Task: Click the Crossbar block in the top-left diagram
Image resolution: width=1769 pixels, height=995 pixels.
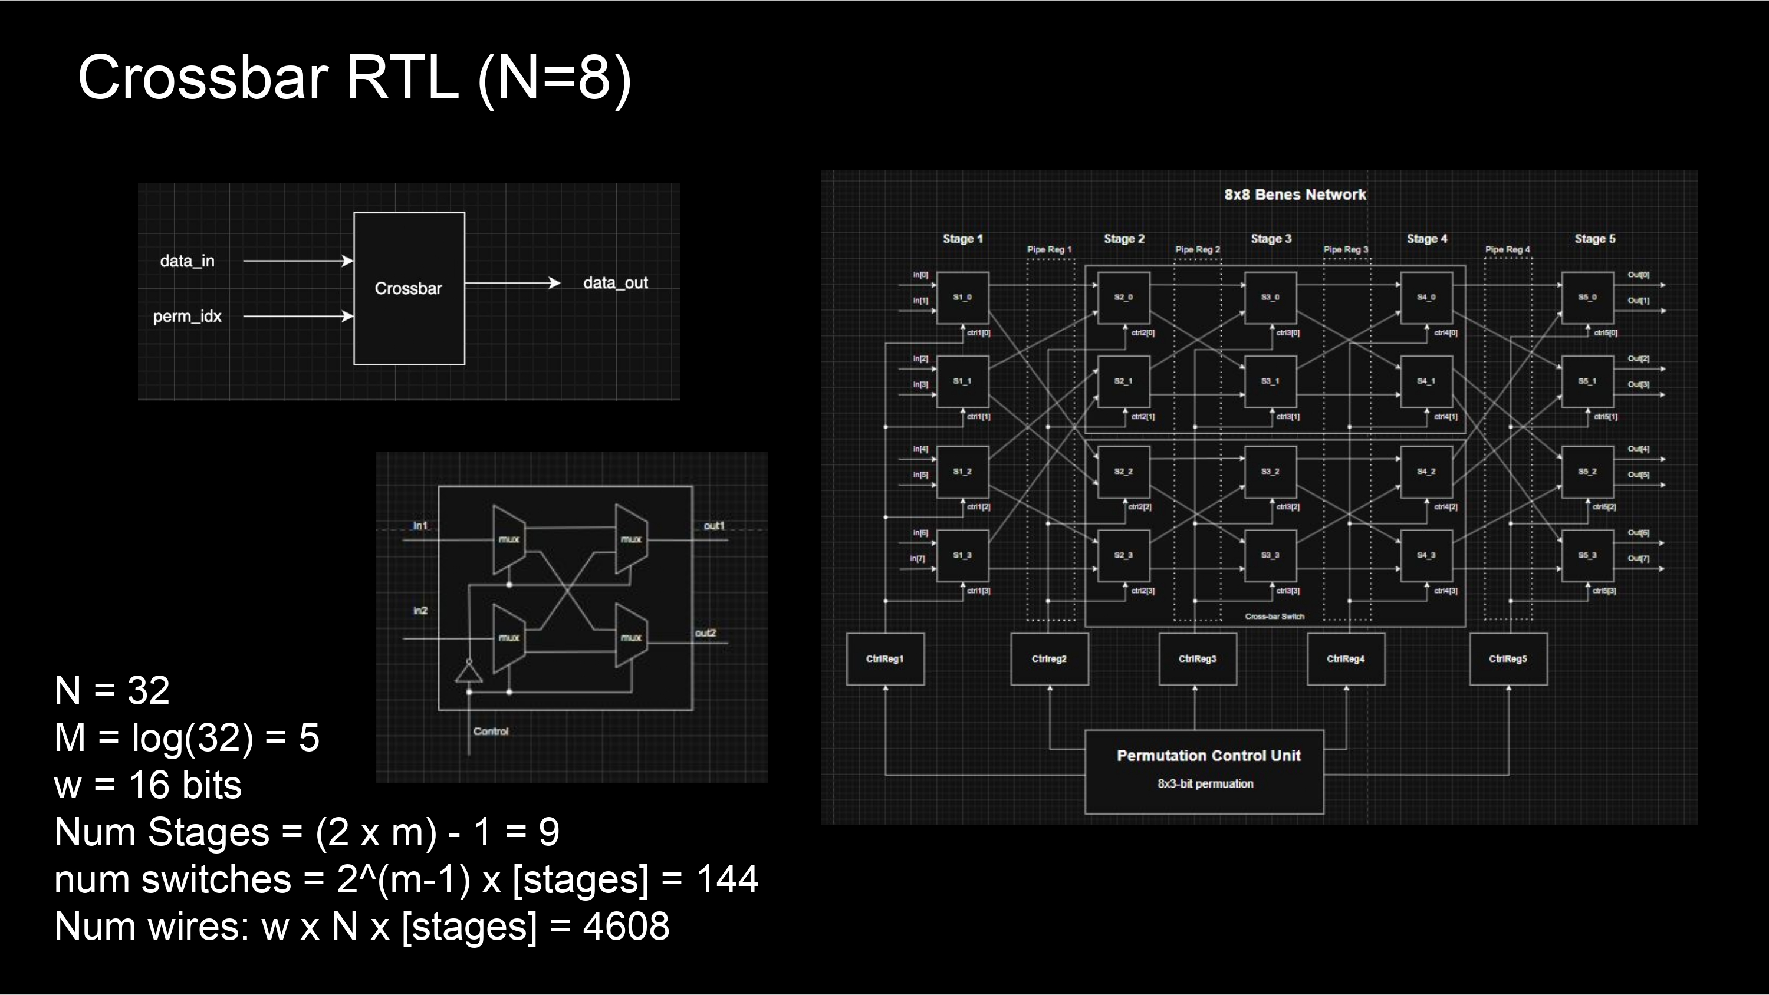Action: coord(409,288)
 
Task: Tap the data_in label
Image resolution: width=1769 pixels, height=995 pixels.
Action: coord(187,261)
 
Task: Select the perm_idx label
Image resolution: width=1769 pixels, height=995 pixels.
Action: coord(187,317)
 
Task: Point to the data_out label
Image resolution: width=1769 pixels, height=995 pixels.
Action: coord(615,283)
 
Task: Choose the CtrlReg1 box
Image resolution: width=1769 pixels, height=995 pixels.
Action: coord(884,658)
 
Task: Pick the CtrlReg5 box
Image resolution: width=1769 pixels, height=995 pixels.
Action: coord(1508,658)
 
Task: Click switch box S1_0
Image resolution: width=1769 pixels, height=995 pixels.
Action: coord(962,297)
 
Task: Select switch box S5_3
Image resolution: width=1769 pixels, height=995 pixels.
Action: coord(1587,555)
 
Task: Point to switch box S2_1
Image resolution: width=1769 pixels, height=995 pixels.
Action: coord(1123,381)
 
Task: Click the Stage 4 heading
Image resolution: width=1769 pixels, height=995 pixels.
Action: coord(1426,239)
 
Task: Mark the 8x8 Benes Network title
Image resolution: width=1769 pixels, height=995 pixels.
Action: coord(1294,195)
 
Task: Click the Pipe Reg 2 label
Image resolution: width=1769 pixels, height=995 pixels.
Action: coord(1198,249)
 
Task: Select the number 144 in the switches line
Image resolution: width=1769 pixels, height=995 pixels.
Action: coord(727,879)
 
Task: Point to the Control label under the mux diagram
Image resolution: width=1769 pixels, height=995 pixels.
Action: coord(491,732)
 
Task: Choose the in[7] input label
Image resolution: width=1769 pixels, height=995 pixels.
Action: coord(918,558)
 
